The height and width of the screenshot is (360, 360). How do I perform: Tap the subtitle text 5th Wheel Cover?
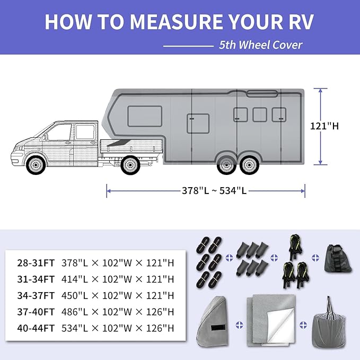260,45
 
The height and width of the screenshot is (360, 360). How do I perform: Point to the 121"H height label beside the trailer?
324,126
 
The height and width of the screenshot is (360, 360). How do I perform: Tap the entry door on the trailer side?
198,124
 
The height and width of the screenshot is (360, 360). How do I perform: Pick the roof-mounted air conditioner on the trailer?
262,94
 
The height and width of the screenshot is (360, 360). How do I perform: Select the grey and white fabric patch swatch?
272,320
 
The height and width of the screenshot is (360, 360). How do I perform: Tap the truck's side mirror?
46,136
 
